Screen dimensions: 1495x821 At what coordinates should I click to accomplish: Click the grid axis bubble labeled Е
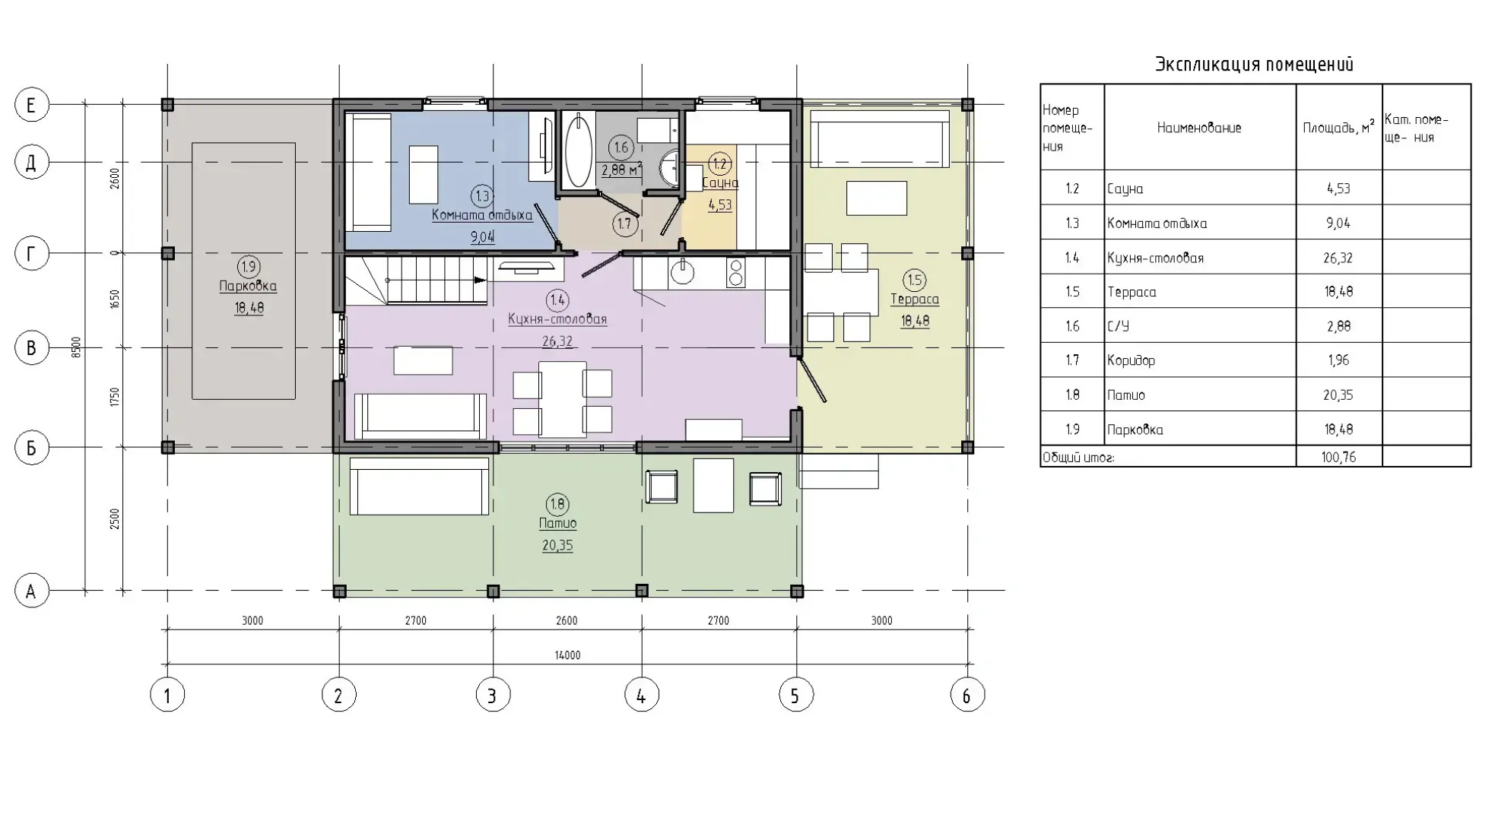tap(32, 105)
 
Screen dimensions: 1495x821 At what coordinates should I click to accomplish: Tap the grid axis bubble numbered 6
tap(967, 695)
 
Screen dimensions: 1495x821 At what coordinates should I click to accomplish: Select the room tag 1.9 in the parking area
tap(249, 267)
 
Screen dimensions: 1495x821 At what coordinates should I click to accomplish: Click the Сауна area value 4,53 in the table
tap(1338, 189)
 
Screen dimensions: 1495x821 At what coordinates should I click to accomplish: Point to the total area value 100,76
tap(1338, 457)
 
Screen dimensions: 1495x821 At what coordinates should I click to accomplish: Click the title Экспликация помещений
tap(1255, 65)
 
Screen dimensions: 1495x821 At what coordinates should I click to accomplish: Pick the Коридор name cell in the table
tap(1132, 360)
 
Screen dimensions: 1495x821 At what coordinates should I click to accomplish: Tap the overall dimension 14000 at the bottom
tap(568, 655)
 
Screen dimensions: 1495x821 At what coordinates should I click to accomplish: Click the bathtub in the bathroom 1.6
tap(579, 151)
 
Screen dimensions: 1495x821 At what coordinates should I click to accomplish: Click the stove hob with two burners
tap(736, 272)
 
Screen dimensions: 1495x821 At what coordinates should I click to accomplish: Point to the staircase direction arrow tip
tap(486, 280)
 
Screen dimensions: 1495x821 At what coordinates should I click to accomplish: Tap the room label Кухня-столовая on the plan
tap(557, 319)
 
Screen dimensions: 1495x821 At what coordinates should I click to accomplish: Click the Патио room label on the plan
tap(557, 524)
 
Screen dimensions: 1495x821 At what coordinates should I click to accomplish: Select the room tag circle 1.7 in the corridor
tap(624, 223)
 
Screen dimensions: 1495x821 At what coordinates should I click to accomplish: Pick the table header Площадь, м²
tap(1338, 127)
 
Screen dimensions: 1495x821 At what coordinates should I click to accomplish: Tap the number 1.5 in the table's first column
tap(1072, 292)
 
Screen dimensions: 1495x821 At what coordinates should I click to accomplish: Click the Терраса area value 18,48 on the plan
tap(915, 321)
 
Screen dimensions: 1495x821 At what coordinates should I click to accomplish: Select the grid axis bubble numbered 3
tap(493, 695)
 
